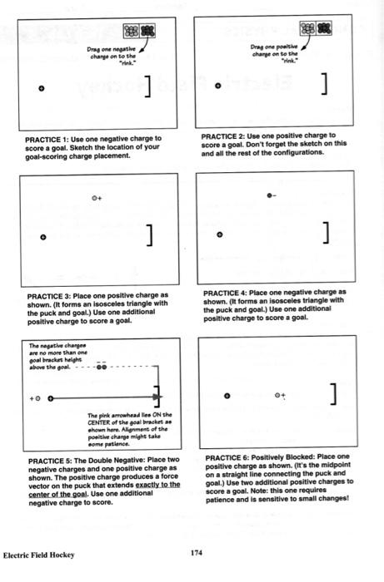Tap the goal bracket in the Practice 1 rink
148,86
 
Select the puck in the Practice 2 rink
218,85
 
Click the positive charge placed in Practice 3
96,198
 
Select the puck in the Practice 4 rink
219,235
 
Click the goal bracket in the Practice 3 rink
150,235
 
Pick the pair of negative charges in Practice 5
102,366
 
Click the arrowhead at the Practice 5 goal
157,398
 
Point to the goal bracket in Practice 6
334,393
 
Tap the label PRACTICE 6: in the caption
227,456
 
